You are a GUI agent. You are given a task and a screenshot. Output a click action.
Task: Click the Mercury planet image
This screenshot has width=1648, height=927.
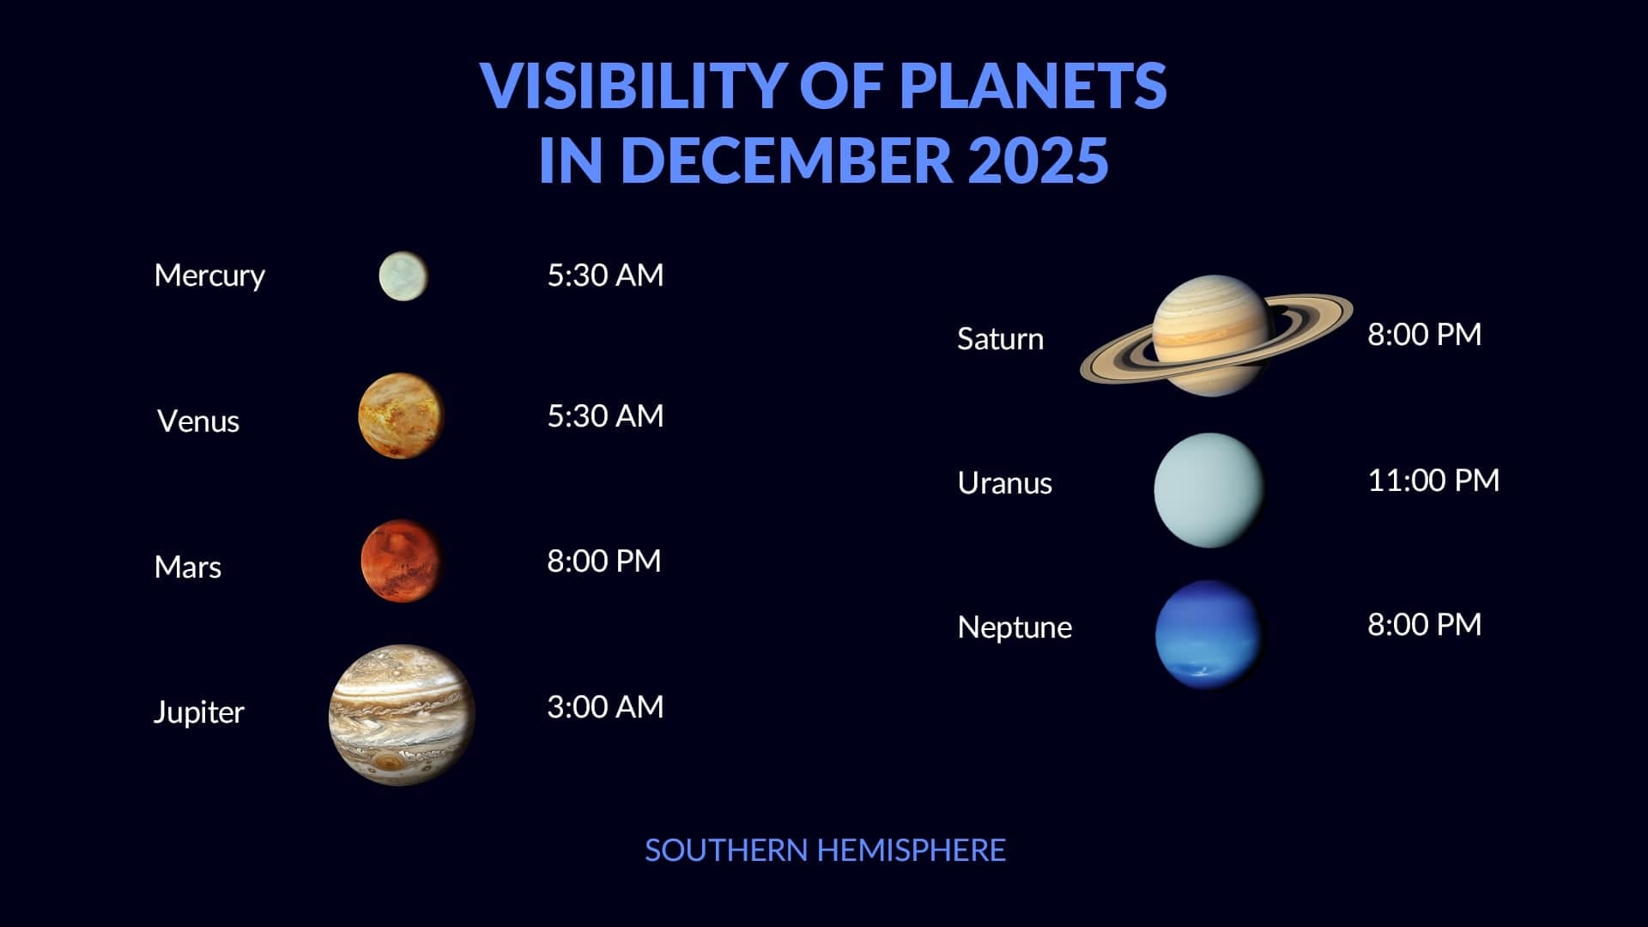(x=403, y=276)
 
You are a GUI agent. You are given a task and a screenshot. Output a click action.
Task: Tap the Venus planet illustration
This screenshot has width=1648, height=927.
(x=401, y=415)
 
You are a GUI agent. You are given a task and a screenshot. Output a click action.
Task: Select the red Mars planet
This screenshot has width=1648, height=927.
(x=401, y=560)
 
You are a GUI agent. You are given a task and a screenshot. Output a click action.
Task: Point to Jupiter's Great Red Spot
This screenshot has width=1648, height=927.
(x=391, y=762)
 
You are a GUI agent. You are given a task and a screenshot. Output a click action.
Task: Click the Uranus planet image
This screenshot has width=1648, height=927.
(x=1209, y=490)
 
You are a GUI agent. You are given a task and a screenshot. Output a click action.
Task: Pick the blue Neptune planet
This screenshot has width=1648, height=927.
(x=1208, y=634)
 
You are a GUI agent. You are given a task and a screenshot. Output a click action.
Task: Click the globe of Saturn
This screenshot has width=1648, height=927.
(x=1211, y=335)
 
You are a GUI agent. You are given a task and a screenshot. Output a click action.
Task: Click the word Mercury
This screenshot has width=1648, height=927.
(x=209, y=276)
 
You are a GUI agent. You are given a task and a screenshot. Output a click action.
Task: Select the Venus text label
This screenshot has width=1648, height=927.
(x=198, y=421)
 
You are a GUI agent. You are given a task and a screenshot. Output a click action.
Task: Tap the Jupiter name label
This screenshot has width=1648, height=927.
(x=198, y=712)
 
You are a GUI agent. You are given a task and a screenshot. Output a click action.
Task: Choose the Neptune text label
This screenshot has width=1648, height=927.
(x=1015, y=627)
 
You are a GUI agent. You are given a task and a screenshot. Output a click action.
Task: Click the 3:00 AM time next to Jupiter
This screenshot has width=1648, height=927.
(x=605, y=707)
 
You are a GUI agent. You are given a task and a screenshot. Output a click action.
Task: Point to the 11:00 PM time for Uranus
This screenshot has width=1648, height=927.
(x=1433, y=480)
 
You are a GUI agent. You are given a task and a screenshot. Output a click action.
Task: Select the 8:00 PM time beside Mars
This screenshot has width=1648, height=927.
(x=603, y=561)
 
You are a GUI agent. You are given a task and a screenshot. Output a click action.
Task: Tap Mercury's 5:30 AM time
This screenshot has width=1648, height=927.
(x=605, y=276)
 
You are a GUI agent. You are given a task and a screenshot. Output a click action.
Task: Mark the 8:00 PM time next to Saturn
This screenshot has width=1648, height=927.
(x=1424, y=335)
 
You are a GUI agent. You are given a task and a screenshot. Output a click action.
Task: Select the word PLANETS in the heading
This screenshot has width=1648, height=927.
(x=1033, y=85)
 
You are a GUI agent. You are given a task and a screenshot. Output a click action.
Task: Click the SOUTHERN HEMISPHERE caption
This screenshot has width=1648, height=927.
(x=825, y=851)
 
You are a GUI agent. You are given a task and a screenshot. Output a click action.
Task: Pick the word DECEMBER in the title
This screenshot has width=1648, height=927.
(x=786, y=160)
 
